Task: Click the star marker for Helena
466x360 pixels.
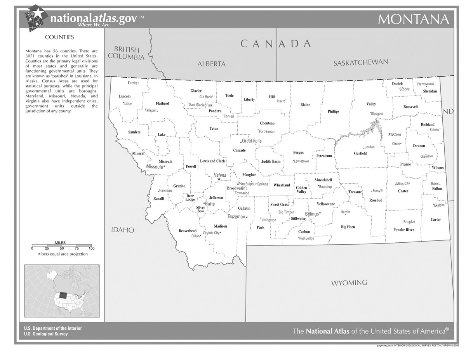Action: pyautogui.click(x=219, y=179)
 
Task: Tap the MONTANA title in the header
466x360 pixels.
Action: pyautogui.click(x=413, y=19)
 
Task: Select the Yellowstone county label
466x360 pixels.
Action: pyautogui.click(x=325, y=204)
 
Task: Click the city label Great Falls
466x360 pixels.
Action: pyautogui.click(x=252, y=141)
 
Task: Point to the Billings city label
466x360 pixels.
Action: pyautogui.click(x=312, y=214)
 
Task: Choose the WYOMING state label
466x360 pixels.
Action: pyautogui.click(x=349, y=283)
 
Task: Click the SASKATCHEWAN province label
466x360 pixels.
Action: pyautogui.click(x=361, y=63)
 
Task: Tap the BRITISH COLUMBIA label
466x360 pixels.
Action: pyautogui.click(x=126, y=53)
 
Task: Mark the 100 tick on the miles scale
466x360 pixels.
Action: pyautogui.click(x=92, y=248)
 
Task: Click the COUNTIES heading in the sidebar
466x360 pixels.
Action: pyautogui.click(x=59, y=37)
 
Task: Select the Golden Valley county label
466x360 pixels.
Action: pyautogui.click(x=301, y=190)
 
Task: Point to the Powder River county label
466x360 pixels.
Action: pyautogui.click(x=403, y=230)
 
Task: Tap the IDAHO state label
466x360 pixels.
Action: pyautogui.click(x=123, y=230)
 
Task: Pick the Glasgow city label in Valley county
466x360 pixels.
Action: pyautogui.click(x=377, y=114)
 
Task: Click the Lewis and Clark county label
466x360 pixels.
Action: pyautogui.click(x=212, y=161)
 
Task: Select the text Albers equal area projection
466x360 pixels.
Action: pyautogui.click(x=63, y=254)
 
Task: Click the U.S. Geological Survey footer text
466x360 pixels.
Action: pyautogui.click(x=46, y=334)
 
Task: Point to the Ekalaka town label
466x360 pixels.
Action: pyautogui.click(x=439, y=205)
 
